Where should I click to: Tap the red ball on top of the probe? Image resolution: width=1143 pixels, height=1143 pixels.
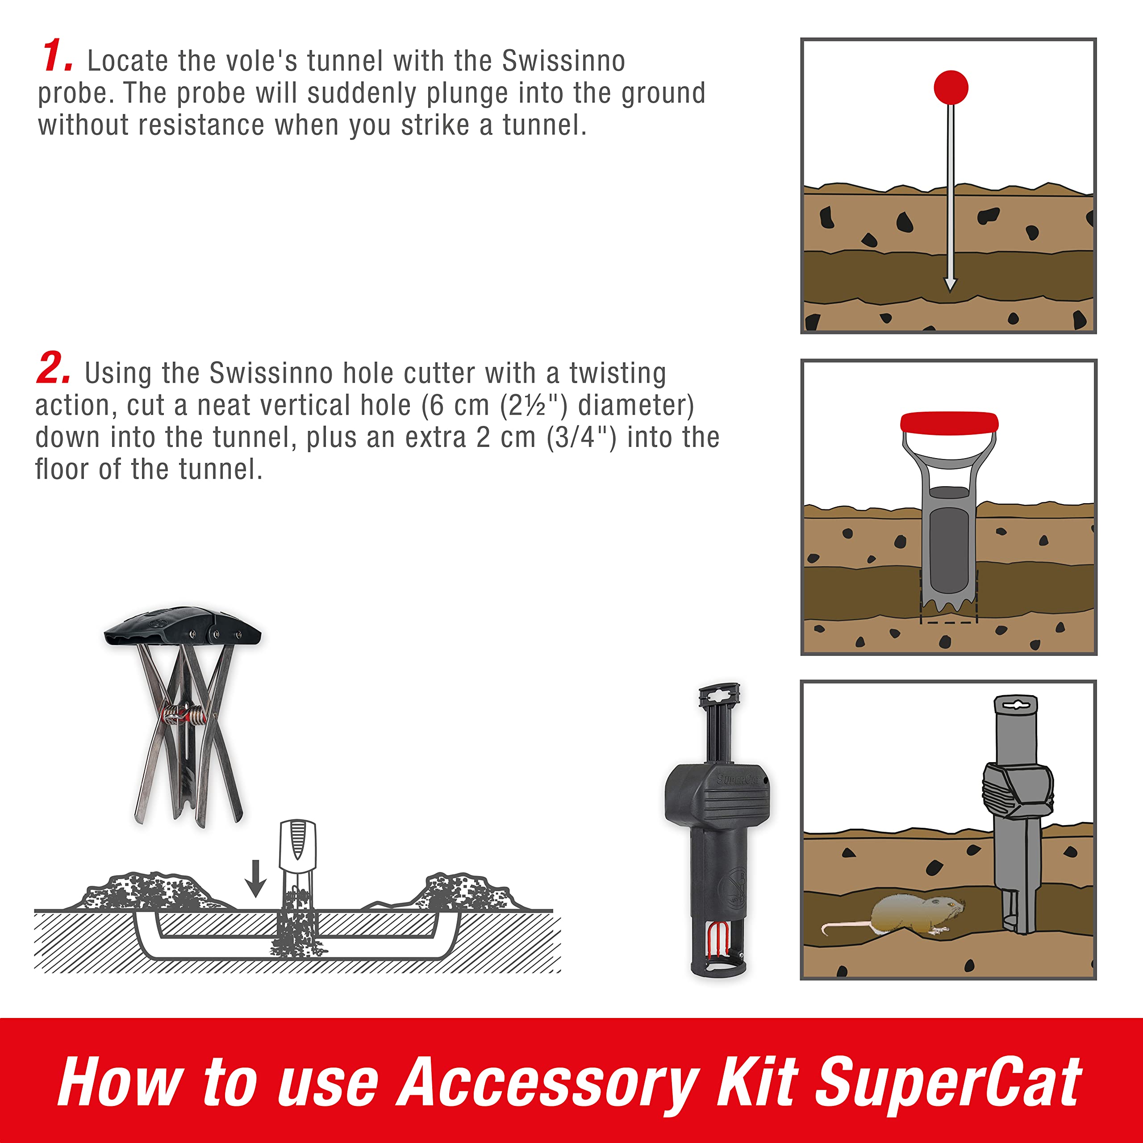coord(951,88)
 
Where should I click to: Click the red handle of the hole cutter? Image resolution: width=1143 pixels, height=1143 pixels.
coord(949,422)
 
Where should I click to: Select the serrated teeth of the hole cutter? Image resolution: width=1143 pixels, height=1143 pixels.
coord(949,605)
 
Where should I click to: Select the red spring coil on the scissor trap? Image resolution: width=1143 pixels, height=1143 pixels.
coord(184,715)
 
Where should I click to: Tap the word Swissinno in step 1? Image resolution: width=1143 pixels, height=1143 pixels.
coord(563,61)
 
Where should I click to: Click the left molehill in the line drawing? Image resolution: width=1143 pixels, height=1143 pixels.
coord(149,891)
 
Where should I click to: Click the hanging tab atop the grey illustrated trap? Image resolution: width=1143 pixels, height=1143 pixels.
coord(1016,706)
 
